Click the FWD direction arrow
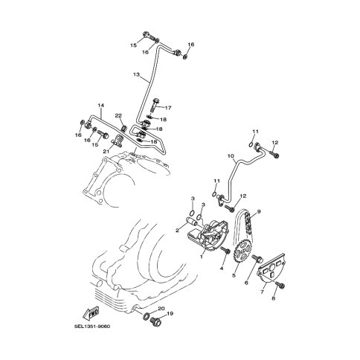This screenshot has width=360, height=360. pos(90,313)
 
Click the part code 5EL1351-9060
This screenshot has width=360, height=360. pos(92,326)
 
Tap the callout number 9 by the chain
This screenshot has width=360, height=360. pos(259,211)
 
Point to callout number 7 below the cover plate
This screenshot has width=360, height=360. pos(262,292)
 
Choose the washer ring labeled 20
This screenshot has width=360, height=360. pos(147,316)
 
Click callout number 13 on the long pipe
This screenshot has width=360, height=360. pos(136,74)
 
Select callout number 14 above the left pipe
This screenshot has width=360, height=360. pos(100,106)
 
